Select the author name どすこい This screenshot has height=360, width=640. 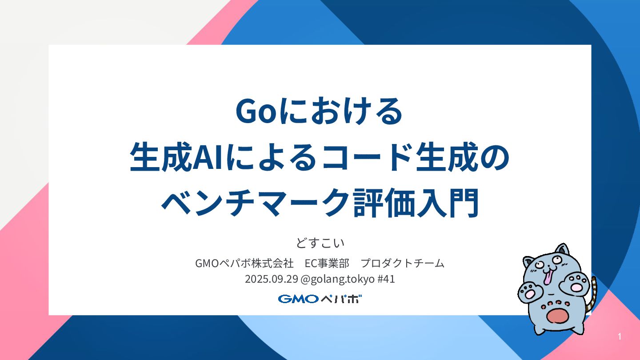(320, 244)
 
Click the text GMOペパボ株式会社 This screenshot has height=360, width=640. (244, 263)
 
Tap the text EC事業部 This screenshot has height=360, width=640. (326, 263)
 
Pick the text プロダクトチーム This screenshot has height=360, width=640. (403, 263)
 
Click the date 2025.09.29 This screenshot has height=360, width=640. (272, 280)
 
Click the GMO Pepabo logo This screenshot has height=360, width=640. (320, 299)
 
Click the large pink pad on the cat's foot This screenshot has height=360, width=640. (556, 316)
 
